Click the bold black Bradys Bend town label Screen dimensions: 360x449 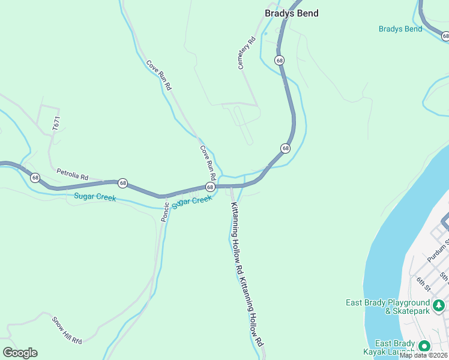point(292,13)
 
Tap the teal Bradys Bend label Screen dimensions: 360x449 point(400,29)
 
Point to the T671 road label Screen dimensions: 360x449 point(56,125)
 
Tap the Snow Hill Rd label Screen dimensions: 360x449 point(66,330)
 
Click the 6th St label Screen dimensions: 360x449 point(424,283)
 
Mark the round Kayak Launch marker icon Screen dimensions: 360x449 point(424,346)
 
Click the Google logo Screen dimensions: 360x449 point(20,353)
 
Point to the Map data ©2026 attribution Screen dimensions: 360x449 point(423,355)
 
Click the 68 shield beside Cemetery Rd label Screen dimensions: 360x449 point(279,60)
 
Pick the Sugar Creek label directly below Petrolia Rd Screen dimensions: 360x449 point(95,197)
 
